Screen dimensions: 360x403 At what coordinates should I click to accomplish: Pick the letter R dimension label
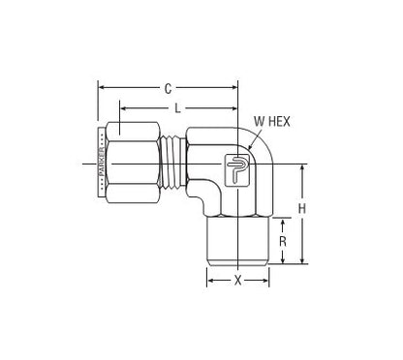(283, 240)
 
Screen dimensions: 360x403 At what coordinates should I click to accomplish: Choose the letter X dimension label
(237, 280)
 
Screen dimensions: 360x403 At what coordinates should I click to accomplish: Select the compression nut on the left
(130, 165)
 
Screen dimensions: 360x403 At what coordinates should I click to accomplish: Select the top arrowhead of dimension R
(283, 220)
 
